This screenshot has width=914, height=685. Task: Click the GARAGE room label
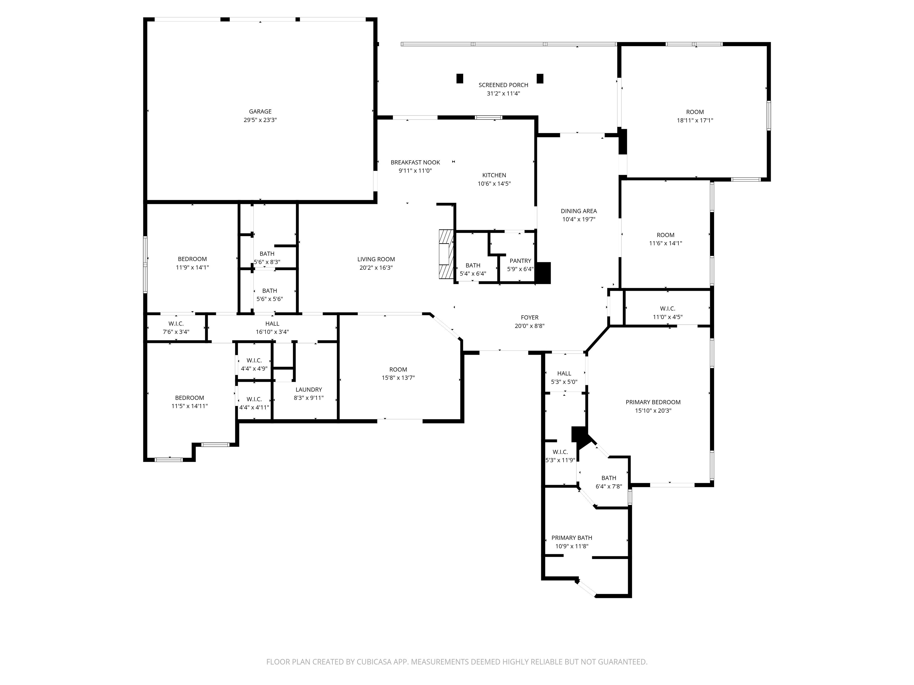coord(260,111)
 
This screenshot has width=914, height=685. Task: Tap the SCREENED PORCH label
coord(503,85)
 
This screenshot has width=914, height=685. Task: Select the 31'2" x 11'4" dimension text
coord(503,94)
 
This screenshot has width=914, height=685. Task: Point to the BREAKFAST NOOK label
coord(415,162)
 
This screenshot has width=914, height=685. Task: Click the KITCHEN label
coord(494,175)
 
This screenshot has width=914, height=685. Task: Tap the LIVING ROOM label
coord(376,259)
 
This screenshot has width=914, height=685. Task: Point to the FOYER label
coord(529,318)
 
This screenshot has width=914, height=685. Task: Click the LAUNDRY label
coord(309,389)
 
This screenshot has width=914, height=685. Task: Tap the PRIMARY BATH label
coord(572,538)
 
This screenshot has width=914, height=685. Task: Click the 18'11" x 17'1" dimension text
coord(695,121)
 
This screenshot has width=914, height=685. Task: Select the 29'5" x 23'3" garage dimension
coord(260,120)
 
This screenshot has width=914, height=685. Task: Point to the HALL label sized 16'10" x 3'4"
coord(272,324)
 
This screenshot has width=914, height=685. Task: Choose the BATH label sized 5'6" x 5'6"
coord(269,291)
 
